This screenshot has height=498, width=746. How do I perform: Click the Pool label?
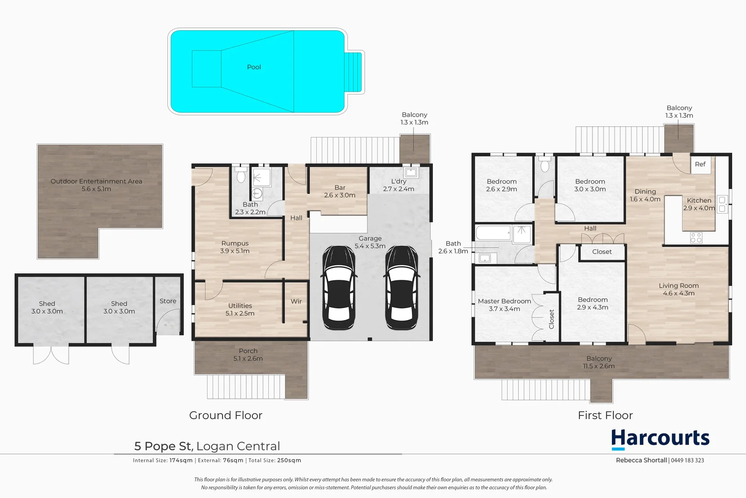pyautogui.click(x=254, y=67)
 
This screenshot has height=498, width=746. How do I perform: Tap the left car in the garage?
pyautogui.click(x=338, y=287)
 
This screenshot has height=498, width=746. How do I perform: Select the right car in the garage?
pyautogui.click(x=402, y=287)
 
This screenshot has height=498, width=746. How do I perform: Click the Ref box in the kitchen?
pyautogui.click(x=700, y=165)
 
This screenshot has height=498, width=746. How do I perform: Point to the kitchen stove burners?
pyautogui.click(x=696, y=238)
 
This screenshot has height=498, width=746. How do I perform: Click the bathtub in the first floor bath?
pyautogui.click(x=493, y=233)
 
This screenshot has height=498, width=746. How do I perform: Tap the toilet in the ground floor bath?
pyautogui.click(x=240, y=175)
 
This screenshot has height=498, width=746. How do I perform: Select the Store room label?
pyautogui.click(x=168, y=301)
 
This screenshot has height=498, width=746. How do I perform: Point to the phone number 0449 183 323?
pyautogui.click(x=687, y=460)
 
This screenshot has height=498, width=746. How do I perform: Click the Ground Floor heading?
pyautogui.click(x=225, y=415)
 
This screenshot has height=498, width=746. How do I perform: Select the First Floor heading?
pyautogui.click(x=605, y=415)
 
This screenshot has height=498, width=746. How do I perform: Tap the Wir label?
pyautogui.click(x=296, y=302)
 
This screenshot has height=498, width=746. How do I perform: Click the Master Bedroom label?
pyautogui.click(x=504, y=301)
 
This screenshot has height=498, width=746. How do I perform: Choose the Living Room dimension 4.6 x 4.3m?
pyautogui.click(x=679, y=293)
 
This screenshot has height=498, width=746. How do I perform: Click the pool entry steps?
pyautogui.click(x=354, y=72)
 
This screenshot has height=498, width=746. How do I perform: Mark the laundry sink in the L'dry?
pyautogui.click(x=410, y=173)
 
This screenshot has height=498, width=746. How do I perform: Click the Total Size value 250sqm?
pyautogui.click(x=289, y=460)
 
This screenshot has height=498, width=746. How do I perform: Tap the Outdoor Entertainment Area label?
pyautogui.click(x=96, y=181)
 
